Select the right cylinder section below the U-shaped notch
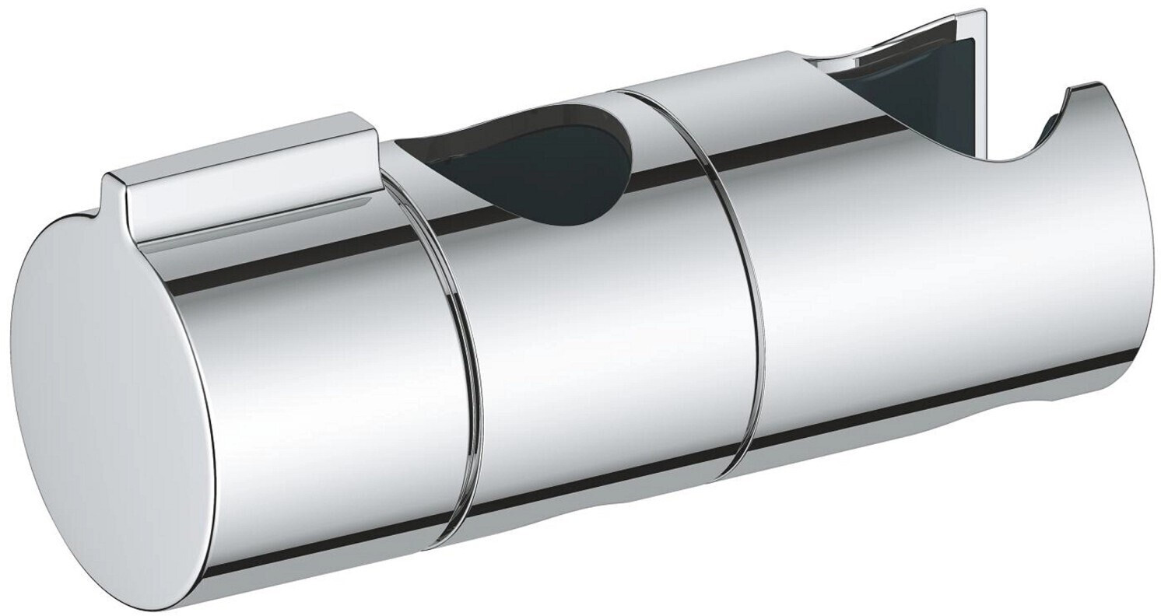[x=934, y=280]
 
